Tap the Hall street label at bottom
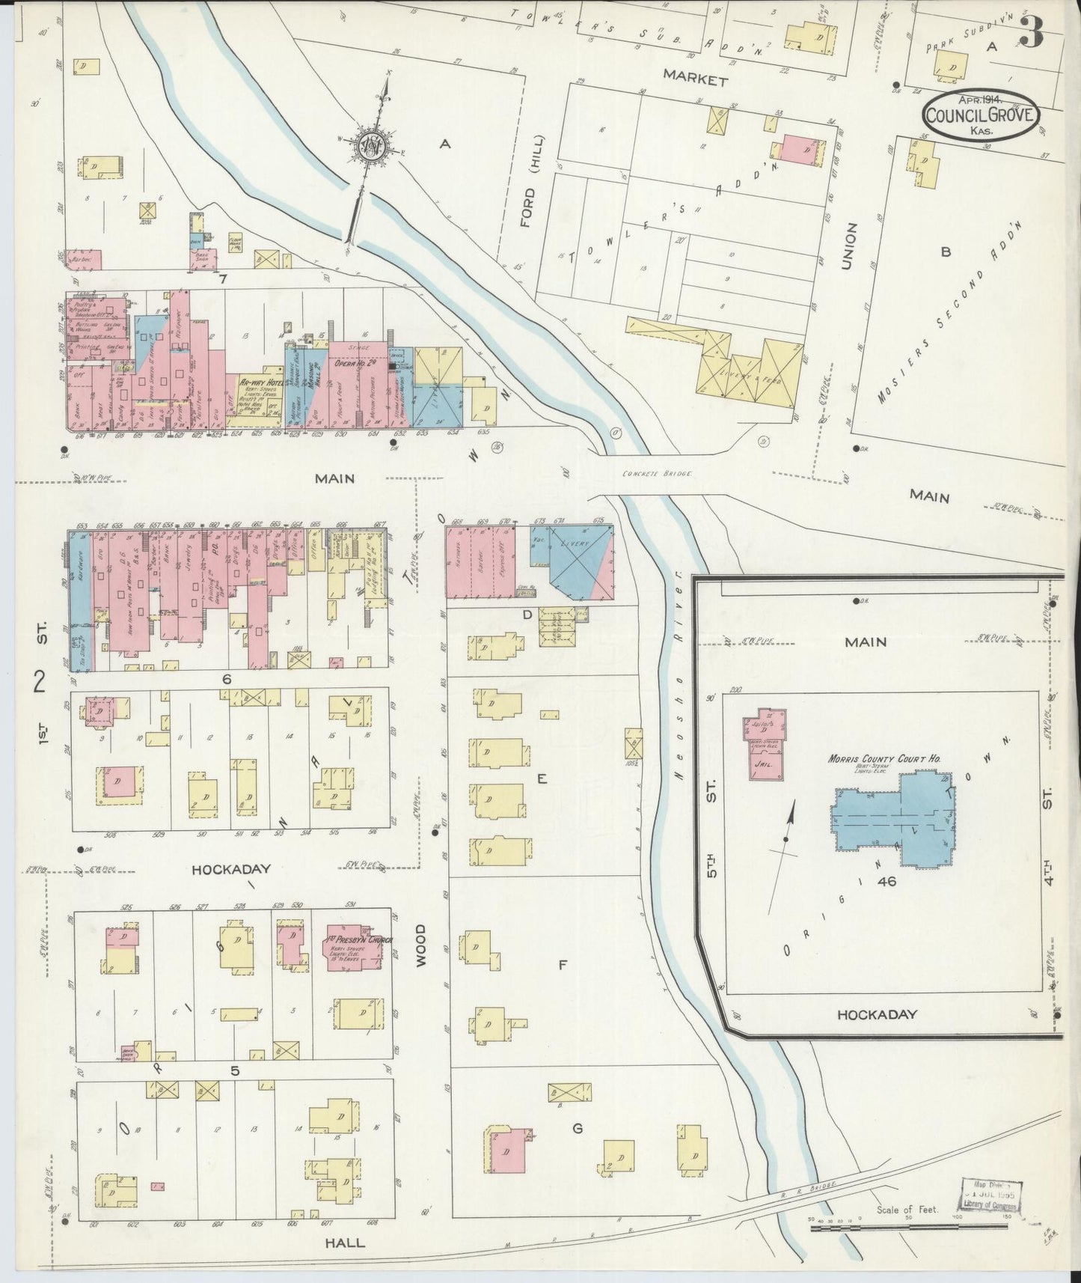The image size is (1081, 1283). pos(345,1243)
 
